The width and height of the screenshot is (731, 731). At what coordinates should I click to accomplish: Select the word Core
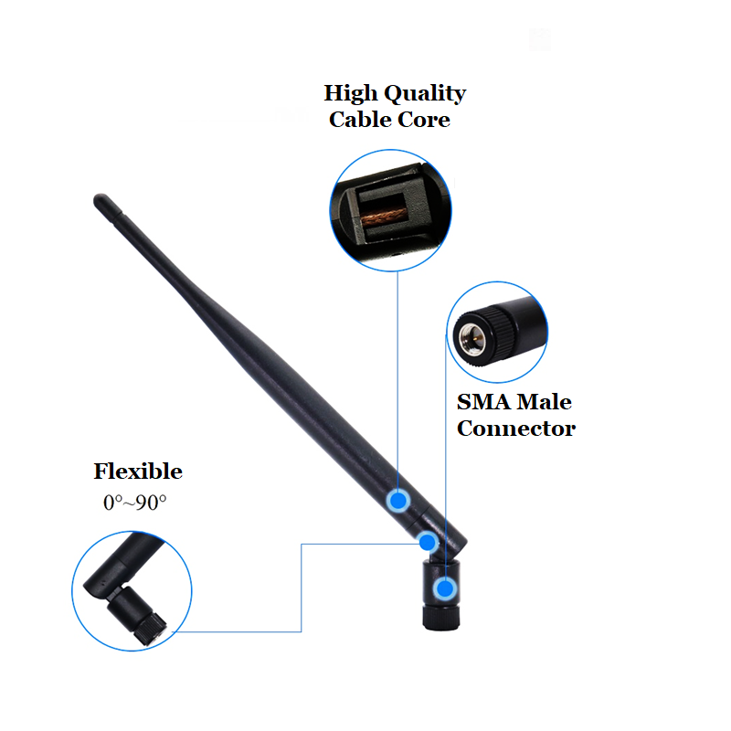[426, 120]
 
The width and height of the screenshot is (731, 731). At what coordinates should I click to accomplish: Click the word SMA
[484, 402]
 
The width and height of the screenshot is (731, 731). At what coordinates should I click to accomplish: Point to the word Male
[546, 402]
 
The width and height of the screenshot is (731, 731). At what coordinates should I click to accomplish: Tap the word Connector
[516, 429]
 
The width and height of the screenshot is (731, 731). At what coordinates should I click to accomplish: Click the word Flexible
[138, 472]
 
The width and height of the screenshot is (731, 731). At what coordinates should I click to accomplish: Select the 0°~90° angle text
[135, 503]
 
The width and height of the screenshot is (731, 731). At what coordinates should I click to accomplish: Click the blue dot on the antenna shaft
[398, 500]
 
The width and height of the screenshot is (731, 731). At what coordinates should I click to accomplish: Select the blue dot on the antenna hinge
[428, 542]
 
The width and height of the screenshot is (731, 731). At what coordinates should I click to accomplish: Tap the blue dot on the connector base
[445, 589]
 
